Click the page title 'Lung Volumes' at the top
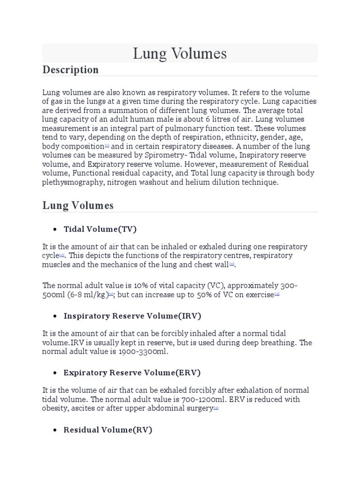pos(180,53)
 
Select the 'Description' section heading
pos(70,70)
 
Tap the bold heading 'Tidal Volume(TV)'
pos(100,229)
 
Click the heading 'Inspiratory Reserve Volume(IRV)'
pos(132,316)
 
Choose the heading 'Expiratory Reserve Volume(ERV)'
pos(132,373)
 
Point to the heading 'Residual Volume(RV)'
pos(108,430)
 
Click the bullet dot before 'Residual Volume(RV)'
pos(55,430)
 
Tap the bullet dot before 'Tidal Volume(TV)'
pos(55,230)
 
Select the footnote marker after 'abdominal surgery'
pos(216,408)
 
